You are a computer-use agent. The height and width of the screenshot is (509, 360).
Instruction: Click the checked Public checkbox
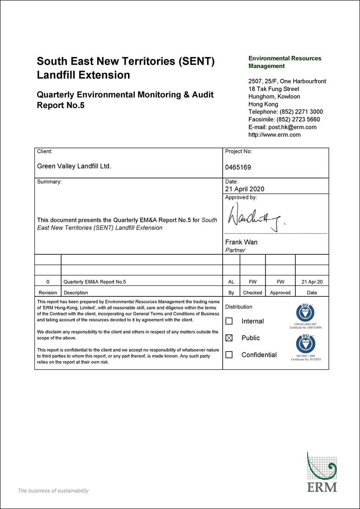(x=229, y=338)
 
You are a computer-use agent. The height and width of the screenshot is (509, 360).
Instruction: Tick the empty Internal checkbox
(x=229, y=321)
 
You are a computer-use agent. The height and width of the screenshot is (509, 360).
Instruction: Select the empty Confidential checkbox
(x=229, y=355)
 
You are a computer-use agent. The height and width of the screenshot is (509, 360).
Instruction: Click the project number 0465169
(x=238, y=167)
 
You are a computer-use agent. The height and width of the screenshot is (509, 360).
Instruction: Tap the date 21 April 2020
(x=245, y=189)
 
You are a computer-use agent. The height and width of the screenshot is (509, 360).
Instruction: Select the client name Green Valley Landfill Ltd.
(x=74, y=166)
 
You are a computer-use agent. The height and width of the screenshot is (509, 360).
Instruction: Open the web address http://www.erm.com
(x=275, y=134)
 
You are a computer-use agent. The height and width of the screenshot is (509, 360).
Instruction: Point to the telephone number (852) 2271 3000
(x=301, y=112)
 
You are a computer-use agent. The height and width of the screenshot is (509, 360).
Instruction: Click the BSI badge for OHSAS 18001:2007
(x=305, y=312)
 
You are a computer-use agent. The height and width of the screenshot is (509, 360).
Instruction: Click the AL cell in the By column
(x=231, y=282)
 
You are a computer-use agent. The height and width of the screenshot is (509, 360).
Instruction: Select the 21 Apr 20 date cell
(x=312, y=282)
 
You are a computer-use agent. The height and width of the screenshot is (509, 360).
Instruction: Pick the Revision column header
(x=48, y=293)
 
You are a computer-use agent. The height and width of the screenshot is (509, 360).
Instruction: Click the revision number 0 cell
(x=48, y=282)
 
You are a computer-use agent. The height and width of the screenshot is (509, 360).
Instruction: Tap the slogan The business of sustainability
(x=53, y=491)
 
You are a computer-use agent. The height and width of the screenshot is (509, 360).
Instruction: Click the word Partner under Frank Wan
(x=235, y=250)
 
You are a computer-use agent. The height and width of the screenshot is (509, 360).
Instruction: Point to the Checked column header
(x=252, y=293)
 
